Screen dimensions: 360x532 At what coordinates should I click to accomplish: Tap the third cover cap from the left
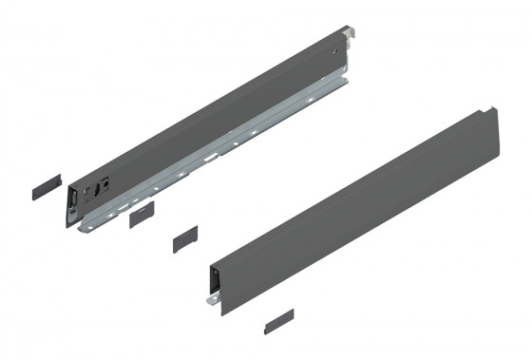(184, 237)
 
